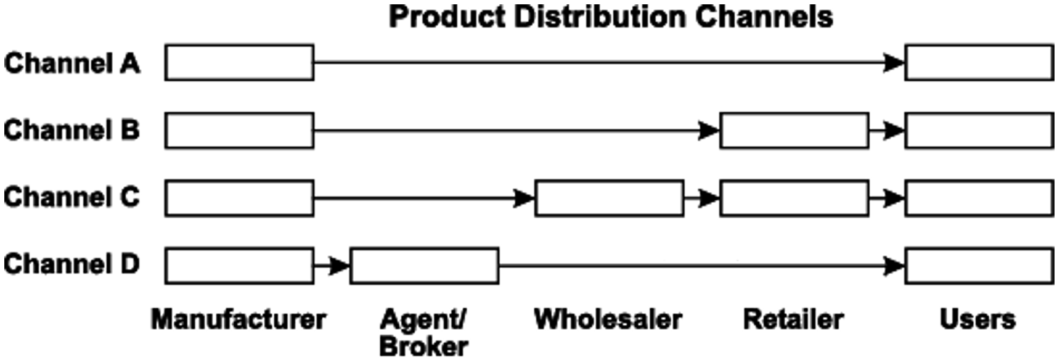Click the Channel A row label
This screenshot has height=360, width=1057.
[x=72, y=63]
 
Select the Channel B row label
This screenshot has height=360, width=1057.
[x=72, y=130]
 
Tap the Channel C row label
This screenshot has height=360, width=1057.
[x=72, y=197]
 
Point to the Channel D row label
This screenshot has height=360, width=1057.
[x=72, y=264]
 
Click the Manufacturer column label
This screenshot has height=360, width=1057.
[x=239, y=319]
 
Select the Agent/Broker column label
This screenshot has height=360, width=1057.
[x=423, y=333]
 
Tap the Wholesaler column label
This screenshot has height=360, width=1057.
[x=608, y=319]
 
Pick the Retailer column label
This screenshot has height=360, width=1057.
[x=793, y=319]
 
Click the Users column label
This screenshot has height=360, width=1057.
[x=977, y=319]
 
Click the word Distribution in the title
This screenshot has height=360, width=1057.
[x=599, y=17]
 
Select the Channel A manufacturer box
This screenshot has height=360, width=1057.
[x=239, y=62]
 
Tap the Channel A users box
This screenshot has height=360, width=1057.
[x=979, y=62]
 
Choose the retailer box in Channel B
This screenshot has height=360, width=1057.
[x=794, y=130]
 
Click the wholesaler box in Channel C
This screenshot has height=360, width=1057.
[x=609, y=198]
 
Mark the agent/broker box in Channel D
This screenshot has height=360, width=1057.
[x=424, y=266]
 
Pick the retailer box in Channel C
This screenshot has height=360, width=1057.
[x=794, y=198]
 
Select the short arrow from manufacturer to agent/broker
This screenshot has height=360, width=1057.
[x=332, y=266]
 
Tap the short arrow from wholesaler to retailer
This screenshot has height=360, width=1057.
[x=701, y=198]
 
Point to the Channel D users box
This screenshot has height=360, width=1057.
[x=979, y=266]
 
